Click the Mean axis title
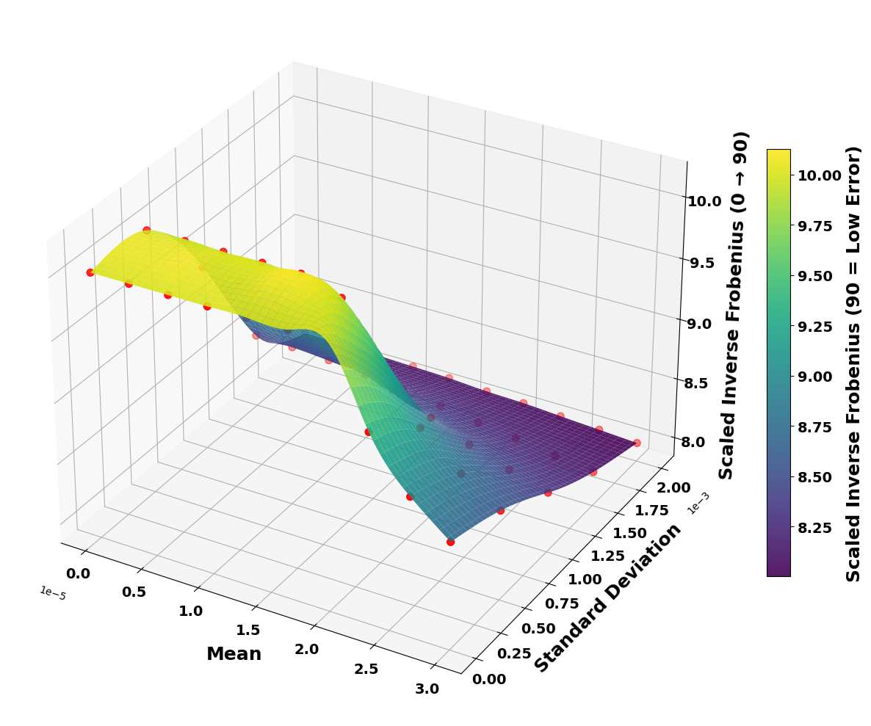click(234, 654)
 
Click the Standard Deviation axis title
click(608, 598)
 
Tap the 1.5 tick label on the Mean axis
click(248, 630)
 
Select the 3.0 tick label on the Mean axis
click(427, 689)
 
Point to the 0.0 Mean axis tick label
click(78, 573)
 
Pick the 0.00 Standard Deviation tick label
click(489, 679)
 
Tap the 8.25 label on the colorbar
click(816, 527)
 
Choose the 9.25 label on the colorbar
click(816, 326)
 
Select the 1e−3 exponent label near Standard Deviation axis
click(698, 502)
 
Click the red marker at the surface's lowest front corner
click(450, 542)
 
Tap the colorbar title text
click(853, 363)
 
